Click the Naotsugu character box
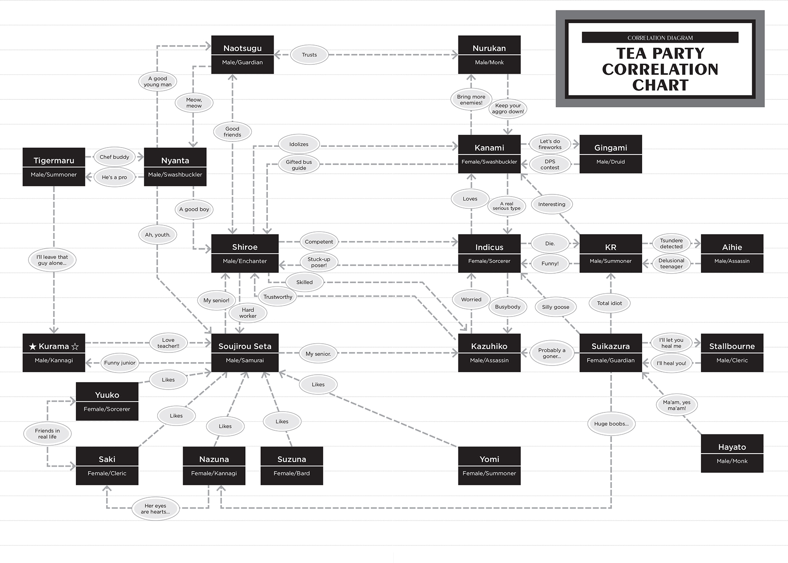(x=242, y=55)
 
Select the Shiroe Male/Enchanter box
(x=245, y=253)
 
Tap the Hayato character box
(x=732, y=453)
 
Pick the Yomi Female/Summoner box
(x=489, y=465)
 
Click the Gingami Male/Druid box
(x=610, y=154)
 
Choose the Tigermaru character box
(x=54, y=167)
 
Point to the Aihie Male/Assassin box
(x=732, y=253)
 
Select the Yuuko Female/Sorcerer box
(x=107, y=401)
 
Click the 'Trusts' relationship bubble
(x=309, y=55)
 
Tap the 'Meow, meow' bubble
(x=194, y=103)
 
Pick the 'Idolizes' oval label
(x=299, y=144)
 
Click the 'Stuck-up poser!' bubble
(x=319, y=262)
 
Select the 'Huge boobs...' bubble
(x=611, y=424)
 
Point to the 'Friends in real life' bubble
(x=47, y=434)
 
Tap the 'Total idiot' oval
(x=609, y=303)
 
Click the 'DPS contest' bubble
(x=550, y=165)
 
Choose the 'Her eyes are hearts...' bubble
(x=155, y=509)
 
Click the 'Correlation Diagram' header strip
(x=660, y=38)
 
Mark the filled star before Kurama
(x=33, y=347)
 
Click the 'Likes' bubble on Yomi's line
(x=318, y=384)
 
